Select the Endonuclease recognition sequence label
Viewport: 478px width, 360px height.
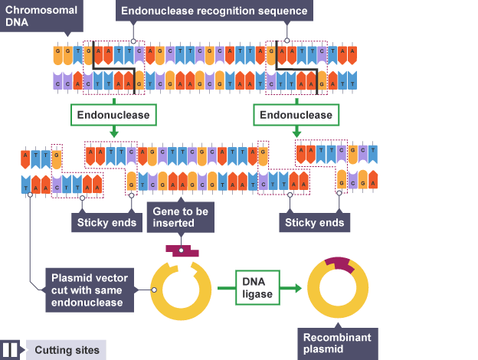(214, 11)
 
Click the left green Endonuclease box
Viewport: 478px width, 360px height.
(114, 115)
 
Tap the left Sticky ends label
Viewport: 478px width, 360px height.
(106, 223)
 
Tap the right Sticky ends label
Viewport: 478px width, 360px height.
(315, 223)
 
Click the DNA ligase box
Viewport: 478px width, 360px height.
(257, 288)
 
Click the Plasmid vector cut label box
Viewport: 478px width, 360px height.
(89, 289)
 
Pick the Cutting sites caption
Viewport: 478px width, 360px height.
(66, 350)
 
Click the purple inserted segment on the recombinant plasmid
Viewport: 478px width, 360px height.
(338, 264)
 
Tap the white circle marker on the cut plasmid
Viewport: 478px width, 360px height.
(154, 290)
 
